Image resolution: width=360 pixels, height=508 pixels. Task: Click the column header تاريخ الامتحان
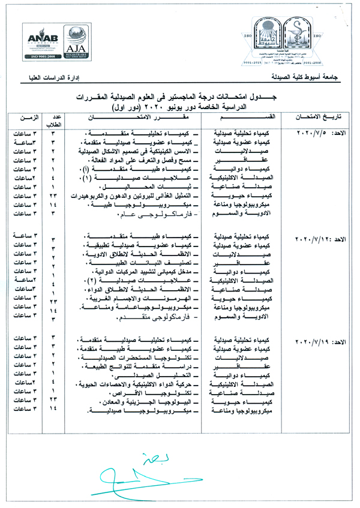319,116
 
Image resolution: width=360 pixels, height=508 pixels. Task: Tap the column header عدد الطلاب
53,116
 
